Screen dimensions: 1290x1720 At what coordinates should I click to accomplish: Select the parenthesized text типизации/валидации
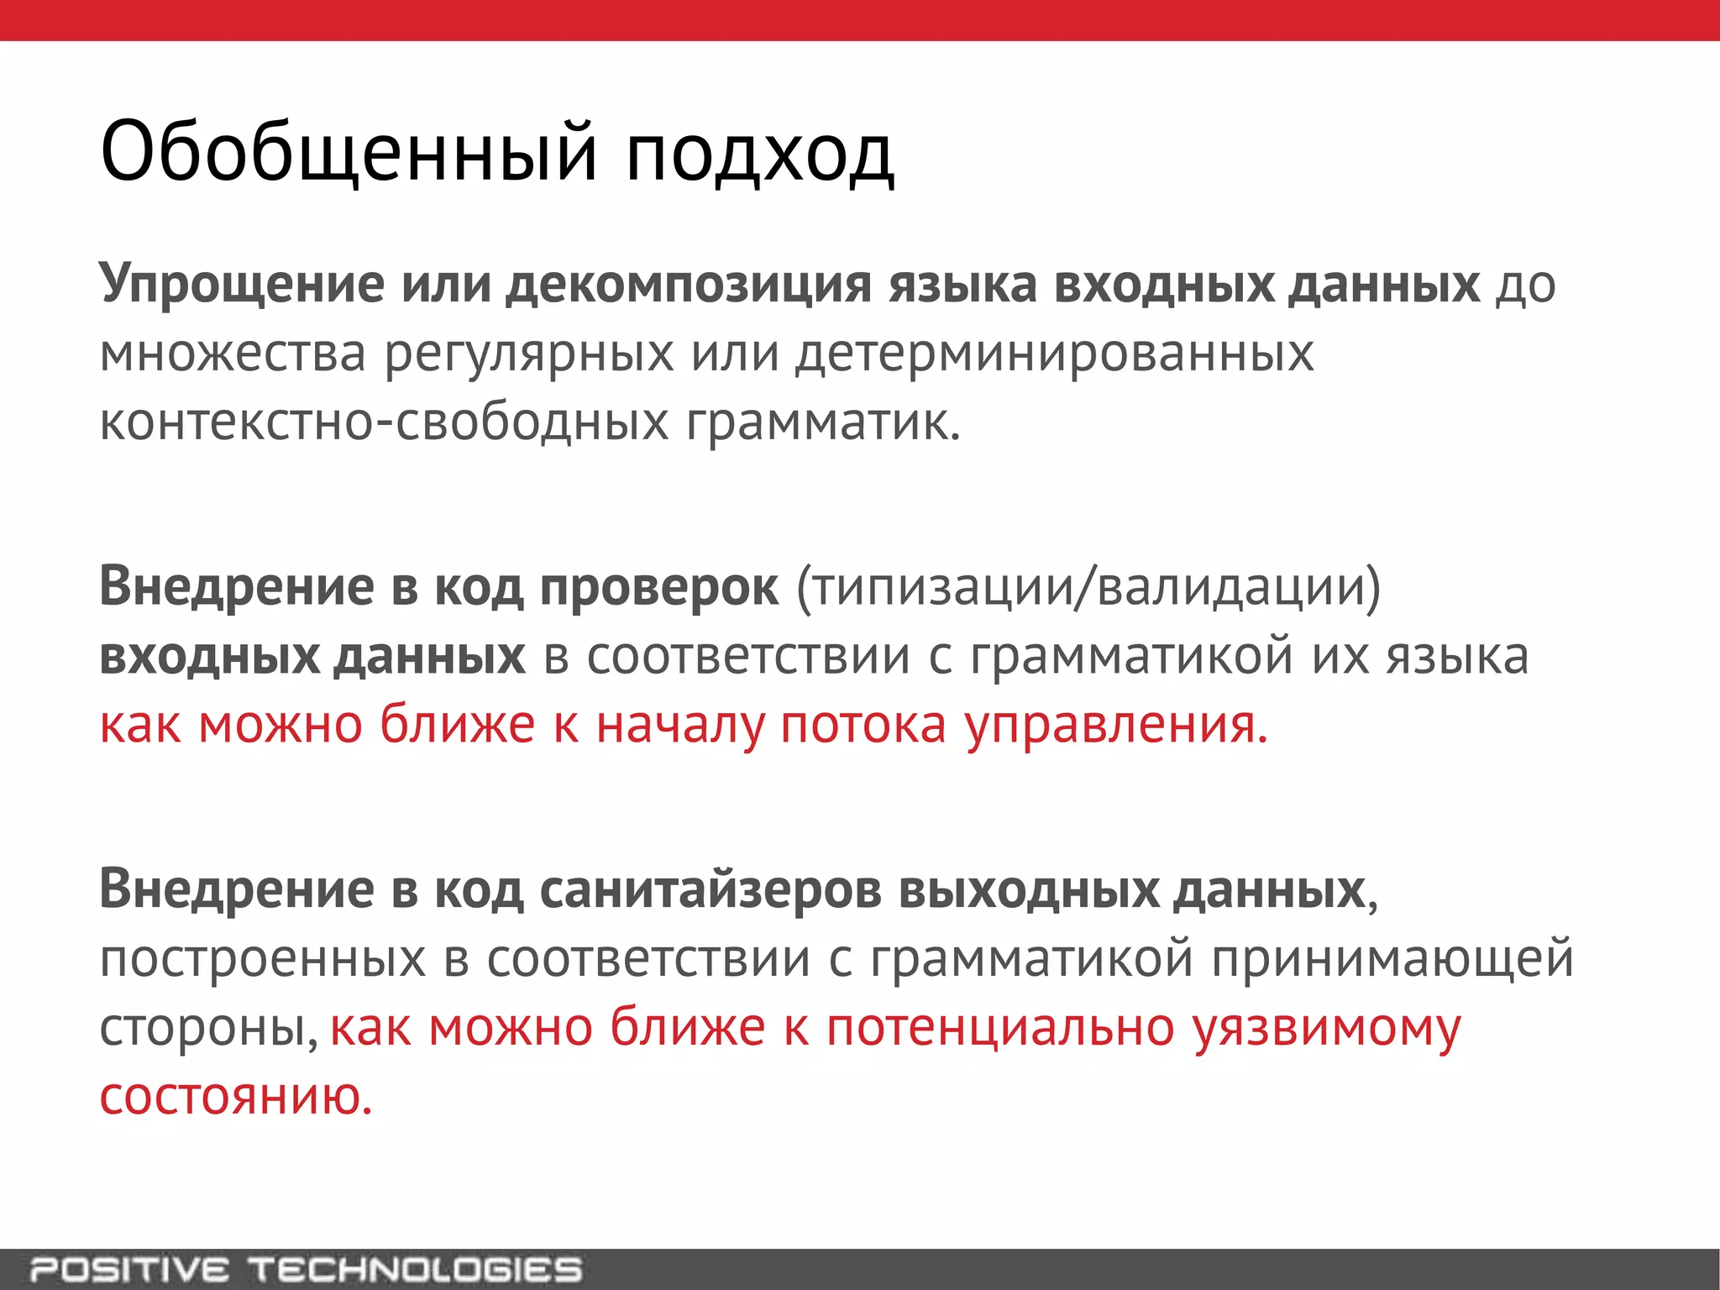(x=1088, y=586)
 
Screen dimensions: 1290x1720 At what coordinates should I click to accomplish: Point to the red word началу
(x=680, y=726)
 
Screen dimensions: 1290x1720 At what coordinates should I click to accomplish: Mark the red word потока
(x=863, y=726)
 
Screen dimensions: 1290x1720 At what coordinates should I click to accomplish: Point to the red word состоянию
(x=235, y=1097)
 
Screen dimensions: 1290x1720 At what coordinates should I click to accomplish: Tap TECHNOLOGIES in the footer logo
(x=415, y=1269)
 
